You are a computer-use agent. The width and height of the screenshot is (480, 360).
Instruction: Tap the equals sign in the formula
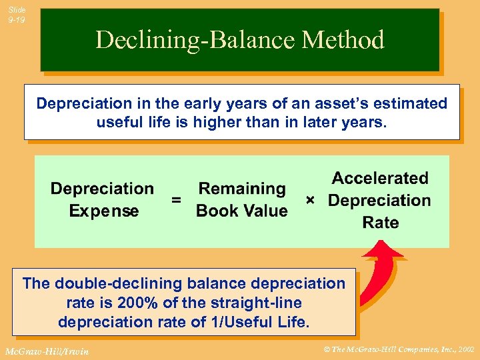pos(176,200)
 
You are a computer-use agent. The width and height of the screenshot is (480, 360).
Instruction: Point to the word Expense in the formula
pos(104,211)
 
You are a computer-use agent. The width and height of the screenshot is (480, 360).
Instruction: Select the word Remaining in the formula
pos(242,189)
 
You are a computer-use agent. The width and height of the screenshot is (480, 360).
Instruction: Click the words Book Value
pos(242,211)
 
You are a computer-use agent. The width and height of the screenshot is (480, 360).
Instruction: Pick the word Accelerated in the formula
pos(380,178)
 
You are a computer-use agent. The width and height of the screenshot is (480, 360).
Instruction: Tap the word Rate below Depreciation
pos(380,223)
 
